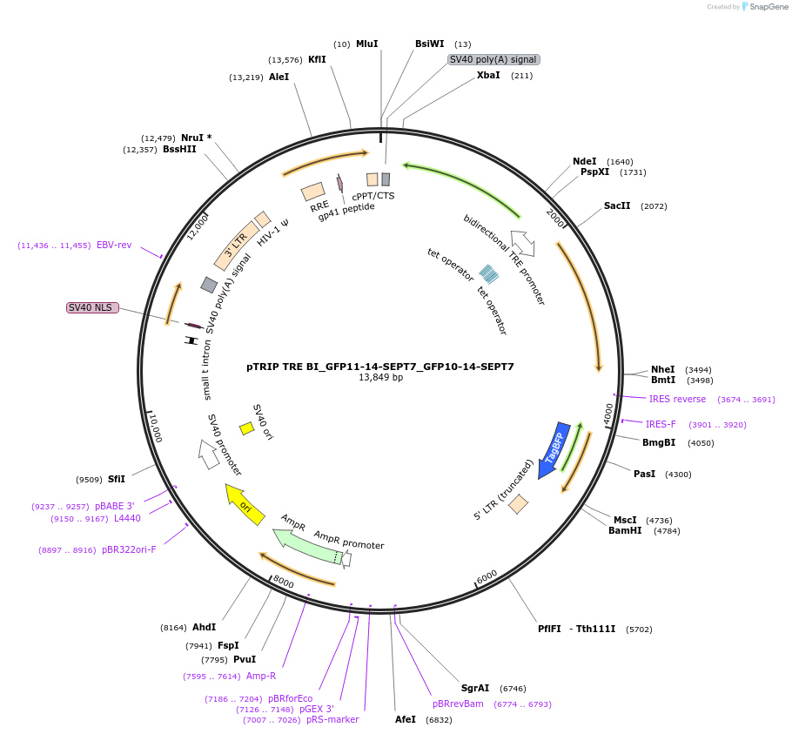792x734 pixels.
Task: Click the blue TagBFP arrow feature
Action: pyautogui.click(x=551, y=451)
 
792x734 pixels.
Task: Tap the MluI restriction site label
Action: pyautogui.click(x=366, y=44)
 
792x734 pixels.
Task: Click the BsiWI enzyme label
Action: pyautogui.click(x=429, y=44)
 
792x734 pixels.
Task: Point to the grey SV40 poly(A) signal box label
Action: pyautogui.click(x=493, y=59)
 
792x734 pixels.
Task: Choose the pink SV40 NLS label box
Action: pyautogui.click(x=92, y=307)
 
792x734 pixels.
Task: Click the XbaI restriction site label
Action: pyautogui.click(x=488, y=76)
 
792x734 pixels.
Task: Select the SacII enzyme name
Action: pyautogui.click(x=618, y=206)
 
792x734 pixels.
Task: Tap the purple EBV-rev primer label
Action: pyautogui.click(x=114, y=246)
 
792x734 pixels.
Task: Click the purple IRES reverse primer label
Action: pyautogui.click(x=677, y=399)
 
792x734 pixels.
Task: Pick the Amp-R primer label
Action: pyautogui.click(x=261, y=676)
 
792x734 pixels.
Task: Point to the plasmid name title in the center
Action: pyautogui.click(x=380, y=367)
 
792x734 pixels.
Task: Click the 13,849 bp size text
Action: pyautogui.click(x=380, y=378)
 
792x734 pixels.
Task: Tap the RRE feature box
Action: pyautogui.click(x=313, y=191)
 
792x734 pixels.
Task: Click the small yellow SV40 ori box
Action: pyautogui.click(x=247, y=428)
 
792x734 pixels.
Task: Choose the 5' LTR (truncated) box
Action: pyautogui.click(x=519, y=503)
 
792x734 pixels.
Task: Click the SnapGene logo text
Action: pyautogui.click(x=770, y=7)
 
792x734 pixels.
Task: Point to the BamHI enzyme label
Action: pyautogui.click(x=625, y=530)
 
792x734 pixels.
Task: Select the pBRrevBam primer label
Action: pyautogui.click(x=458, y=704)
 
